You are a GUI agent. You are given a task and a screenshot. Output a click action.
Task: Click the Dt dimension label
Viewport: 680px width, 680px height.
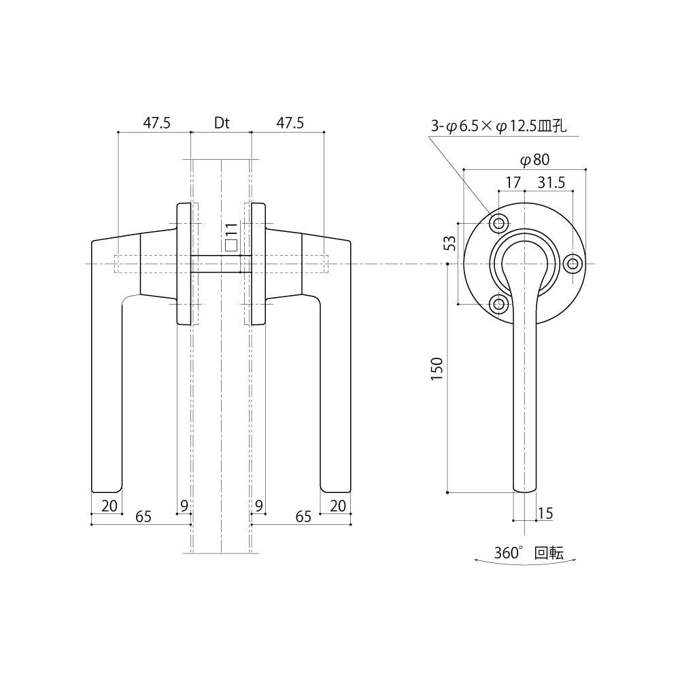[222, 123]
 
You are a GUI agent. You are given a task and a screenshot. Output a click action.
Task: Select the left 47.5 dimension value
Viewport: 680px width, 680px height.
[156, 123]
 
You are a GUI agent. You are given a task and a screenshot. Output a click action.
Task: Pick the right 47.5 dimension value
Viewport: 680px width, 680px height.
[290, 123]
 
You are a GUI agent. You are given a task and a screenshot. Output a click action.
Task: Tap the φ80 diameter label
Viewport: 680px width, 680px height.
[534, 160]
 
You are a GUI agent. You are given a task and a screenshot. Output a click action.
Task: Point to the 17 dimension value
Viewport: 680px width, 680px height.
[513, 182]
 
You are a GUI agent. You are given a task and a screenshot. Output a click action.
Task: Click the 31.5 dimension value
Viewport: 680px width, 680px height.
[551, 182]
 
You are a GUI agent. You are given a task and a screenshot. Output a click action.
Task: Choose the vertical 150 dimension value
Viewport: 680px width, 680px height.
[437, 369]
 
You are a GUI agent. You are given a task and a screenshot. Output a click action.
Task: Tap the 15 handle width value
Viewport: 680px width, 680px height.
[545, 513]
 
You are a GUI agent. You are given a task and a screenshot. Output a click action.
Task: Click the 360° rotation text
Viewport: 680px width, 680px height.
[528, 553]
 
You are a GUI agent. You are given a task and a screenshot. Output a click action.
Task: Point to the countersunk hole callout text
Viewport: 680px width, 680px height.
[498, 126]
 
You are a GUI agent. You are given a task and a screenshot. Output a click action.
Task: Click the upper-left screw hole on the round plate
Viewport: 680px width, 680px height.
[498, 224]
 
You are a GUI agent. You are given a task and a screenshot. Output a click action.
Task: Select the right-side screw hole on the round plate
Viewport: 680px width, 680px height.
[573, 264]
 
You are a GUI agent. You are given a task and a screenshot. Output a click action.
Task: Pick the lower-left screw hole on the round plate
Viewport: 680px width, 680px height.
[498, 304]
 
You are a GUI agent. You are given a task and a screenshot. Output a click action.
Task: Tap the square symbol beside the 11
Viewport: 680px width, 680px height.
[231, 245]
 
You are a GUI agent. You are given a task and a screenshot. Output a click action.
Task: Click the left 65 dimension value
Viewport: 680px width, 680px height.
[143, 517]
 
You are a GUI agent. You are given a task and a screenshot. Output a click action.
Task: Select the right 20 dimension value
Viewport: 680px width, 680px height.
[338, 506]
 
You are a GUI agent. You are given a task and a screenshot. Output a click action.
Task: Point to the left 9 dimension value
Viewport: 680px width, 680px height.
[184, 506]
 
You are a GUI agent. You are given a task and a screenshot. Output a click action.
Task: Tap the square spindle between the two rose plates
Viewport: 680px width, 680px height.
[221, 264]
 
